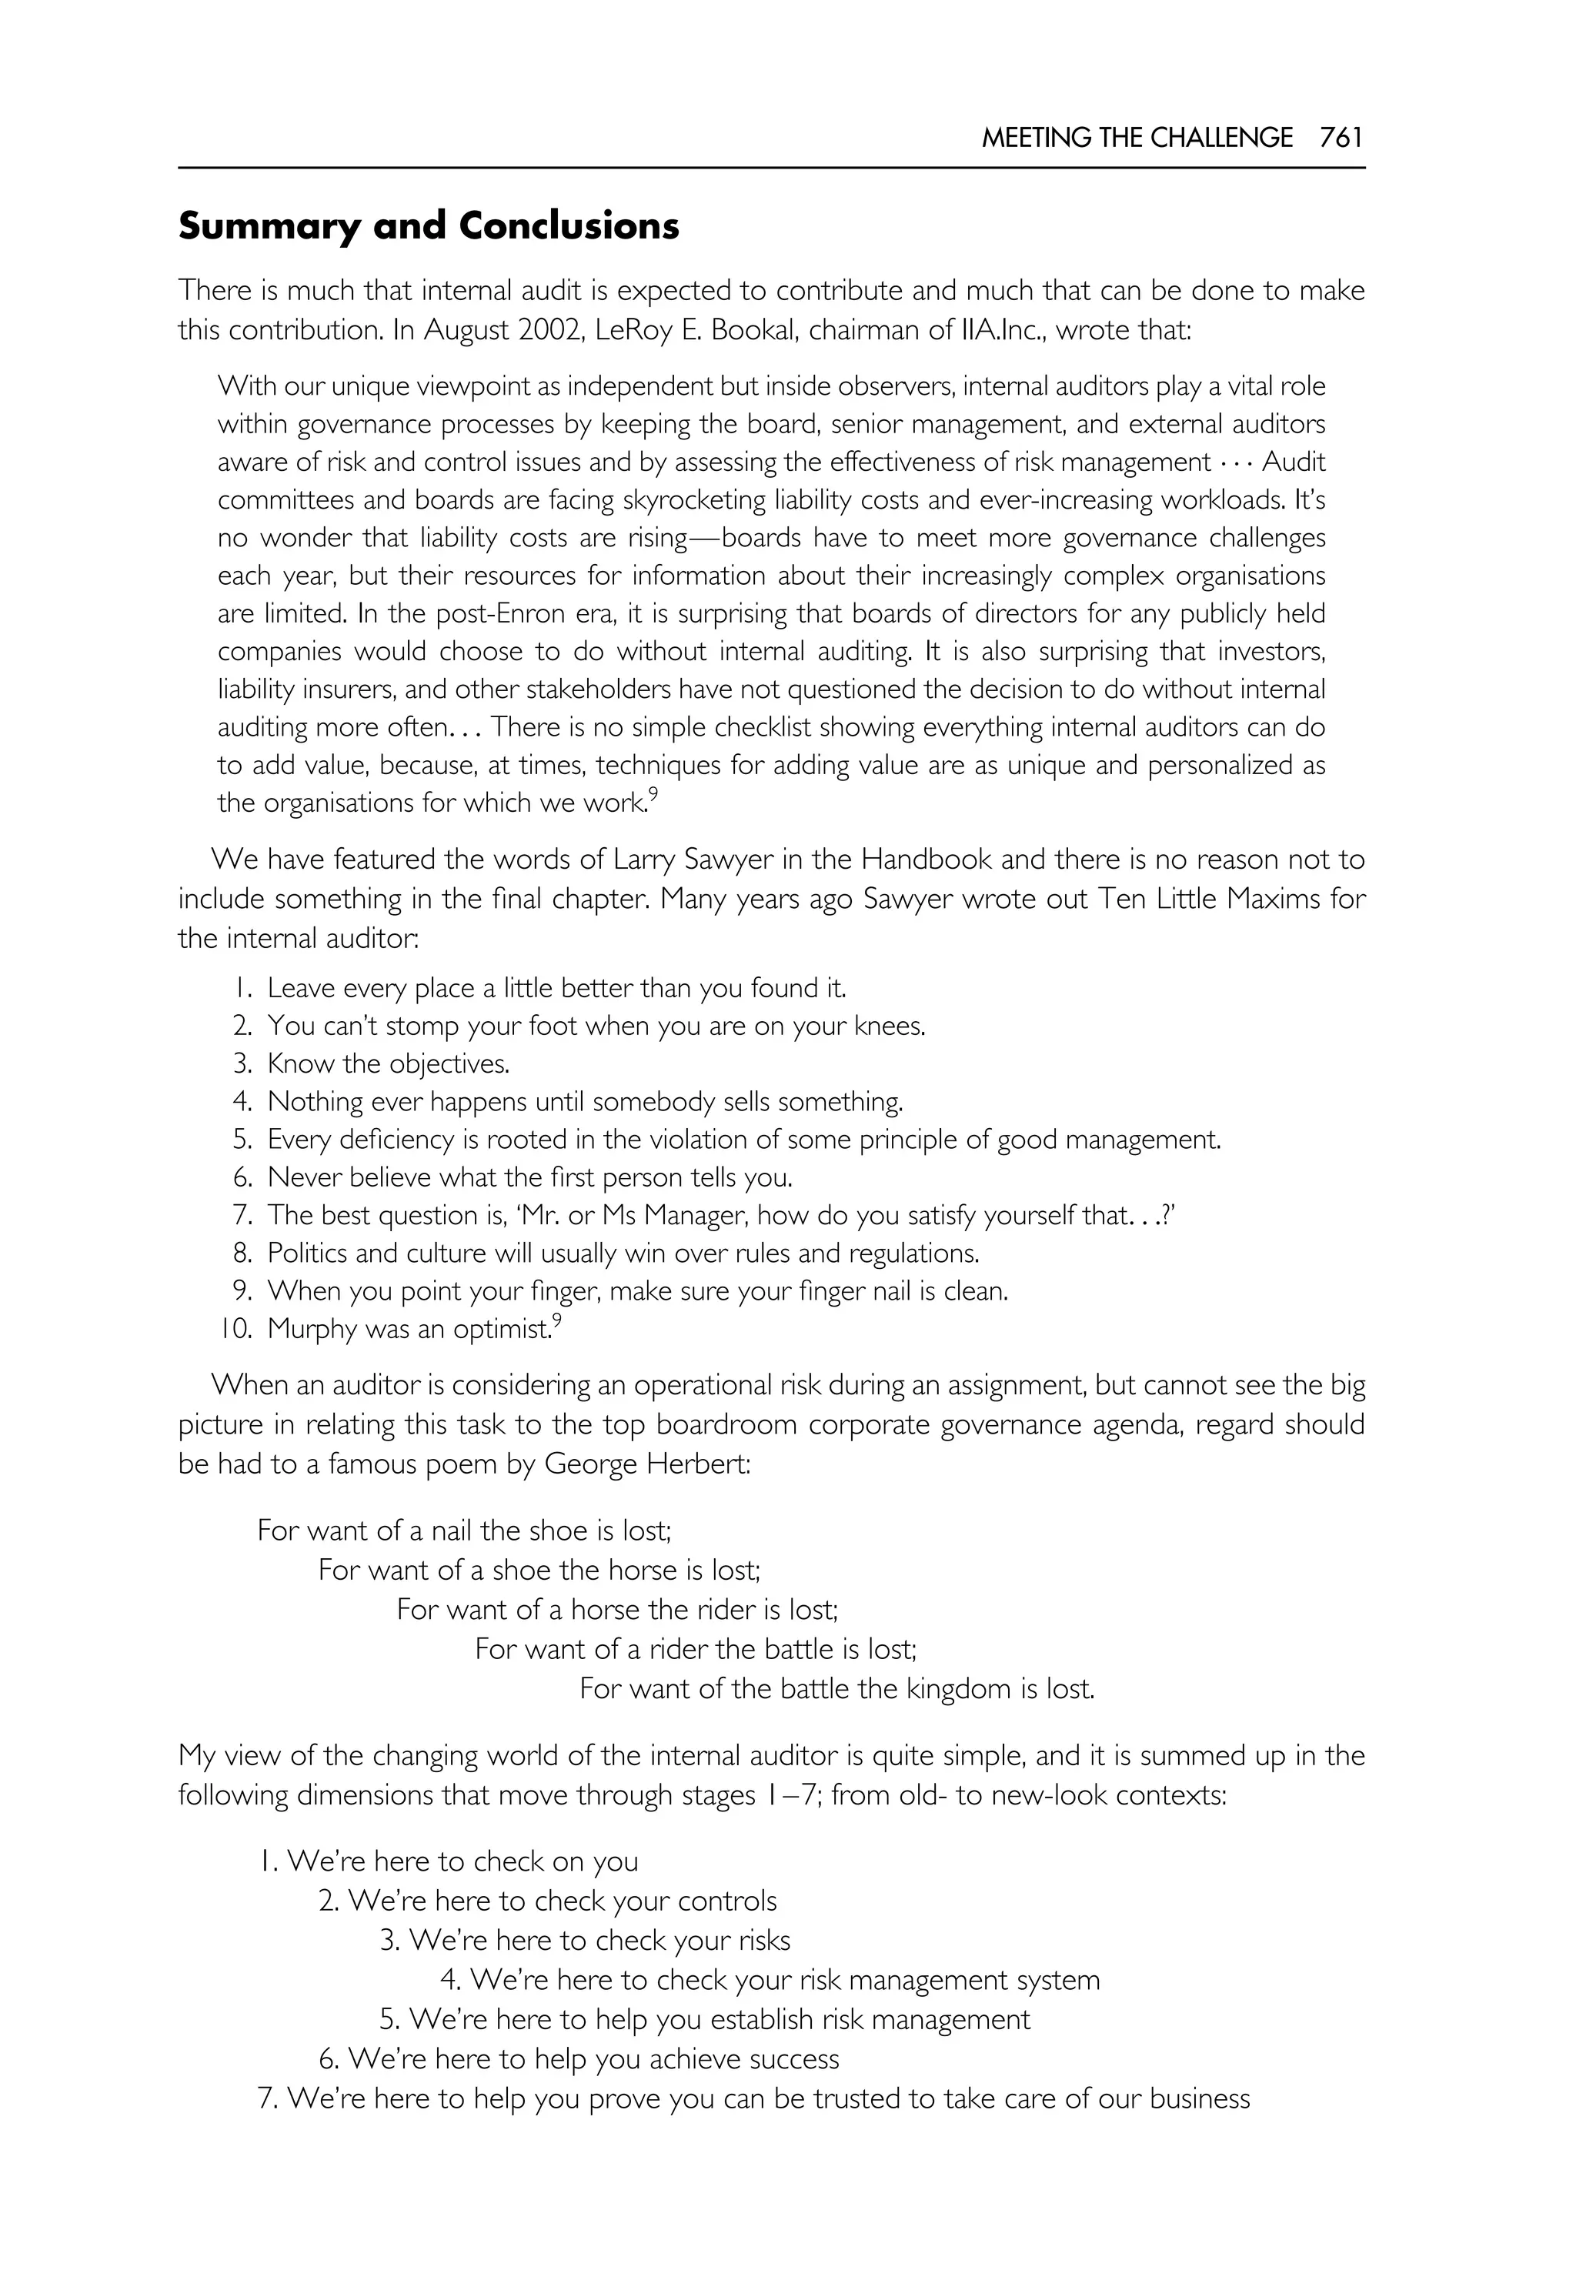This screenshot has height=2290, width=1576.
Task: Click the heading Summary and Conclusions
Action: [429, 226]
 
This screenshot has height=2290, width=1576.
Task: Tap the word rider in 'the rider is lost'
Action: [726, 1610]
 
